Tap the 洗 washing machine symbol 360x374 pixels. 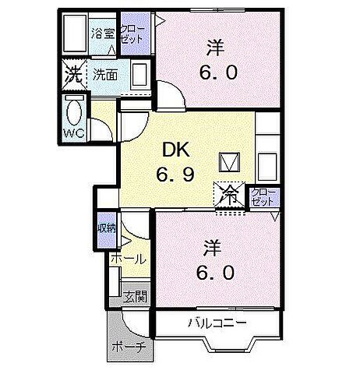point(72,76)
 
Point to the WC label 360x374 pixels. point(74,134)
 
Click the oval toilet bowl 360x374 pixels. point(73,111)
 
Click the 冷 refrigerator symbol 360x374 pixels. point(231,194)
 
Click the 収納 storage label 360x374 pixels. point(108,228)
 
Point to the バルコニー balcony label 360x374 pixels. point(217,322)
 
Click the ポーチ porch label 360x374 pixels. point(128,347)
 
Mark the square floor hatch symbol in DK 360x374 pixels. point(230,161)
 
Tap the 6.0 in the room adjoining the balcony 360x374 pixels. point(215,273)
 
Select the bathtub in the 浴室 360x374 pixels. point(73,34)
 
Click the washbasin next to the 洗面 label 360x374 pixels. point(140,76)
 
